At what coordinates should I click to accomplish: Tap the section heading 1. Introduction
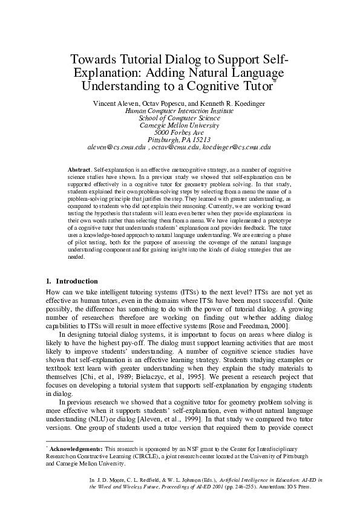pyautogui.click(x=72, y=281)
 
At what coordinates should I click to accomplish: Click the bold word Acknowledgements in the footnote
pyautogui.click(x=76, y=449)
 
